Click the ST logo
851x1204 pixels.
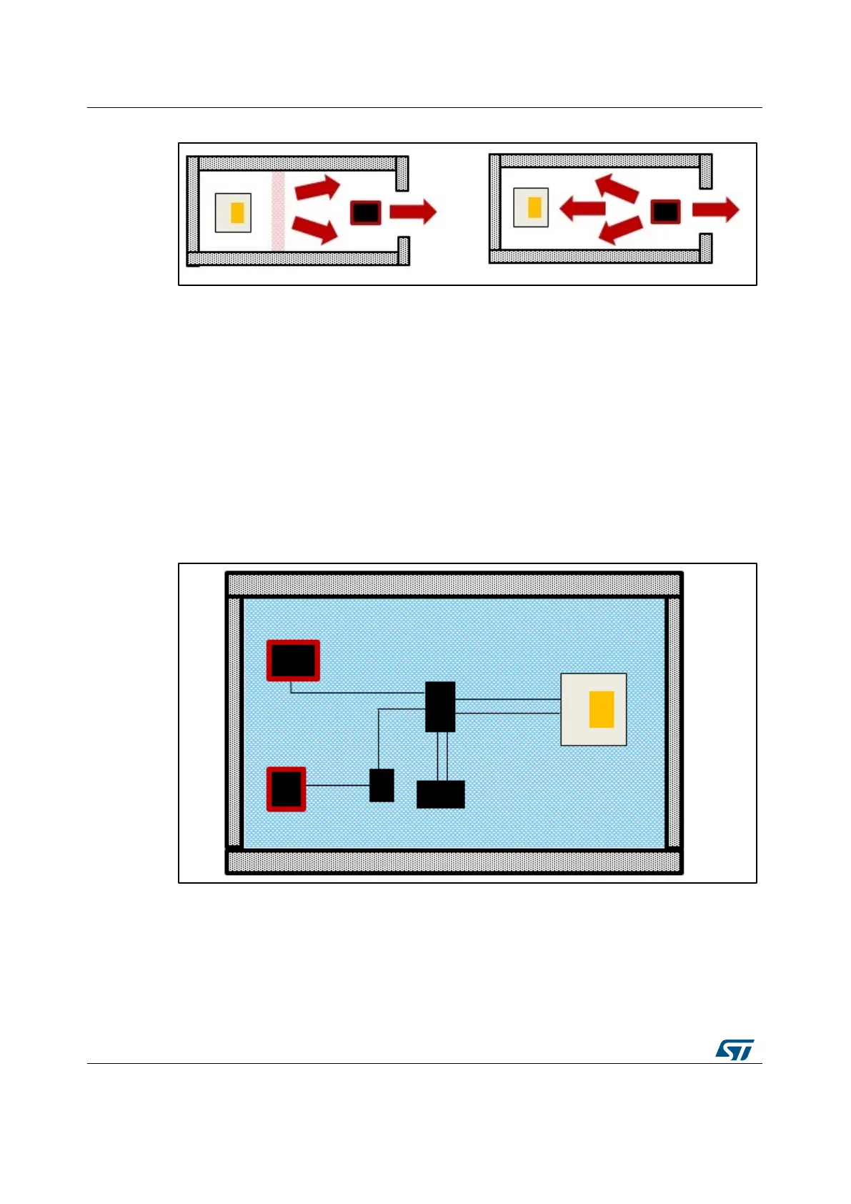[x=735, y=1050]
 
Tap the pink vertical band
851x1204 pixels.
[x=278, y=212]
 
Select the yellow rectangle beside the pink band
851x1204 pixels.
[x=237, y=212]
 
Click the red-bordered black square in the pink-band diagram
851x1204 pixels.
[x=365, y=212]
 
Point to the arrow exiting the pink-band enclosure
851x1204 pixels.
[x=413, y=212]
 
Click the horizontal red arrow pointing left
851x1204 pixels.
[x=582, y=209]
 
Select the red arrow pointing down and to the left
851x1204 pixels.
[x=619, y=230]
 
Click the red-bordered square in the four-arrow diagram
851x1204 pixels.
[x=665, y=211]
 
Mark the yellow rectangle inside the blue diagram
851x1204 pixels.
[x=602, y=709]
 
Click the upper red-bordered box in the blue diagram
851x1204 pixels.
[x=293, y=660]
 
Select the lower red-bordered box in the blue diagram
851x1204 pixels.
[x=287, y=789]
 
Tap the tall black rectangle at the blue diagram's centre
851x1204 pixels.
[x=440, y=706]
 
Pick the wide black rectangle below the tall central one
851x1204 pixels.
[x=440, y=794]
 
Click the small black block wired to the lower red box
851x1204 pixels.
[x=382, y=785]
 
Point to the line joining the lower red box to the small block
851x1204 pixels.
[x=337, y=785]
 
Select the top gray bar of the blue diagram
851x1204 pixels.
[x=454, y=584]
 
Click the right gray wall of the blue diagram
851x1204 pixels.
[x=673, y=722]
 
